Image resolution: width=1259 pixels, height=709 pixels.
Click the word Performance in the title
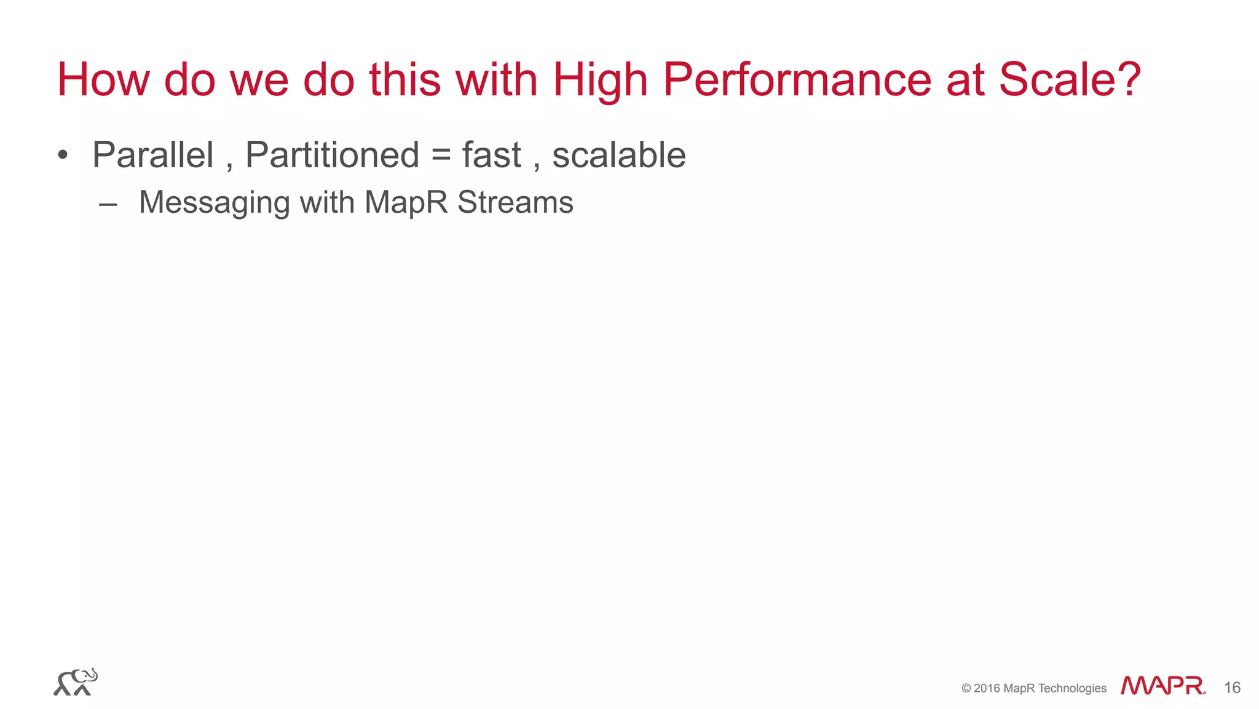[797, 80]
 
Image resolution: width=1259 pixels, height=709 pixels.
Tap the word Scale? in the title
[1070, 80]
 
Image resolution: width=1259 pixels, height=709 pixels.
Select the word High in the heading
[601, 81]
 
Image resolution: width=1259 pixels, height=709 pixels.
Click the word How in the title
[103, 80]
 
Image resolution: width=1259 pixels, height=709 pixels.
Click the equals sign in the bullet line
[441, 156]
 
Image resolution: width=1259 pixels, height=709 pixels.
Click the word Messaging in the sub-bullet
[214, 203]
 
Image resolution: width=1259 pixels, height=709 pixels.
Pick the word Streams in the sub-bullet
[515, 202]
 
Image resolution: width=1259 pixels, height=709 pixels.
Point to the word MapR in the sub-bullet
[406, 203]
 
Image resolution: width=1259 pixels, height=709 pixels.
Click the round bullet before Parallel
[62, 154]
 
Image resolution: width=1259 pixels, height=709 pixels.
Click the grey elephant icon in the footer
[76, 682]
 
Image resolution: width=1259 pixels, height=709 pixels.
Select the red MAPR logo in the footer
[1162, 686]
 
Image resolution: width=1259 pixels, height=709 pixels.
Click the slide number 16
[1232, 687]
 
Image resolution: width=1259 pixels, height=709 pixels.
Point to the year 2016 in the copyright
[987, 688]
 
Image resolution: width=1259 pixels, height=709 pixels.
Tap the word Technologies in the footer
[1072, 688]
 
